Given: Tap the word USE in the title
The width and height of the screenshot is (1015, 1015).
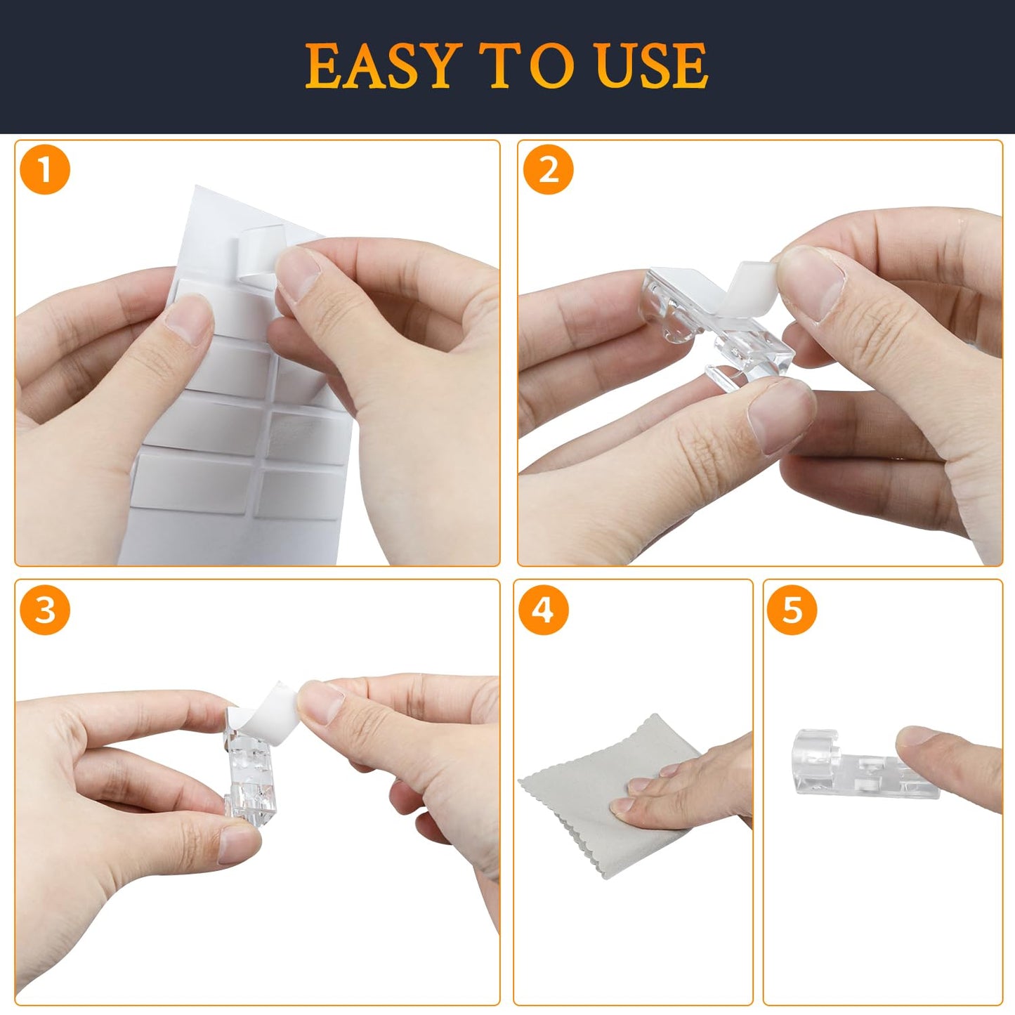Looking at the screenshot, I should tap(650, 66).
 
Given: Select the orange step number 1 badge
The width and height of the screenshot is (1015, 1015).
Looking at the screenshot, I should tap(45, 171).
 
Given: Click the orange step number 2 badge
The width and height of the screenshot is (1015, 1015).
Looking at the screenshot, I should tap(548, 171).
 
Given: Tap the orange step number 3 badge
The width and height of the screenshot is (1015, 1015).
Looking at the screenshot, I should tap(45, 610).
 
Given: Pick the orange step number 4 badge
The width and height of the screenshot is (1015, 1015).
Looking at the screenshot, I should tap(543, 610).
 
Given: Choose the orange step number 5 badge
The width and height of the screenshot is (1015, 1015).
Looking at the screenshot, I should tap(792, 610).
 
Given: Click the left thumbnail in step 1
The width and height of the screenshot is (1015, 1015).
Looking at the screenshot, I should tap(188, 320).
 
